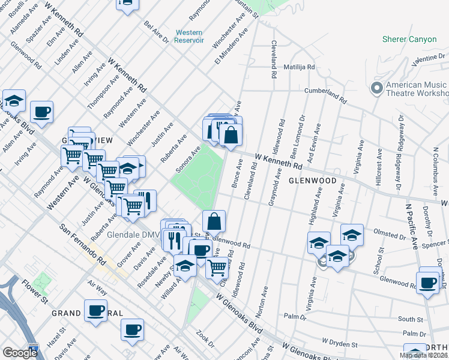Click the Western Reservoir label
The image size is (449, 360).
pos(189,36)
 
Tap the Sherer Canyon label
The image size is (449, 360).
pos(409,40)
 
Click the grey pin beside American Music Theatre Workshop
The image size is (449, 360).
pos(377,89)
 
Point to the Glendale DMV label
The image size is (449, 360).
pos(131,234)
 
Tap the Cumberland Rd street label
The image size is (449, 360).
pos(325,93)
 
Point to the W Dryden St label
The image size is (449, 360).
pos(339,343)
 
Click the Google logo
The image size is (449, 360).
pos(20,353)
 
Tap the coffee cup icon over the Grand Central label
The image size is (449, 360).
pos(95,310)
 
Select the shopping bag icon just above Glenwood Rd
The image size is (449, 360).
pos(214,222)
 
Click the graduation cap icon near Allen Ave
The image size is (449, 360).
pos(14,101)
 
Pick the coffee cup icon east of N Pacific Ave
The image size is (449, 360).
pos(428,283)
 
